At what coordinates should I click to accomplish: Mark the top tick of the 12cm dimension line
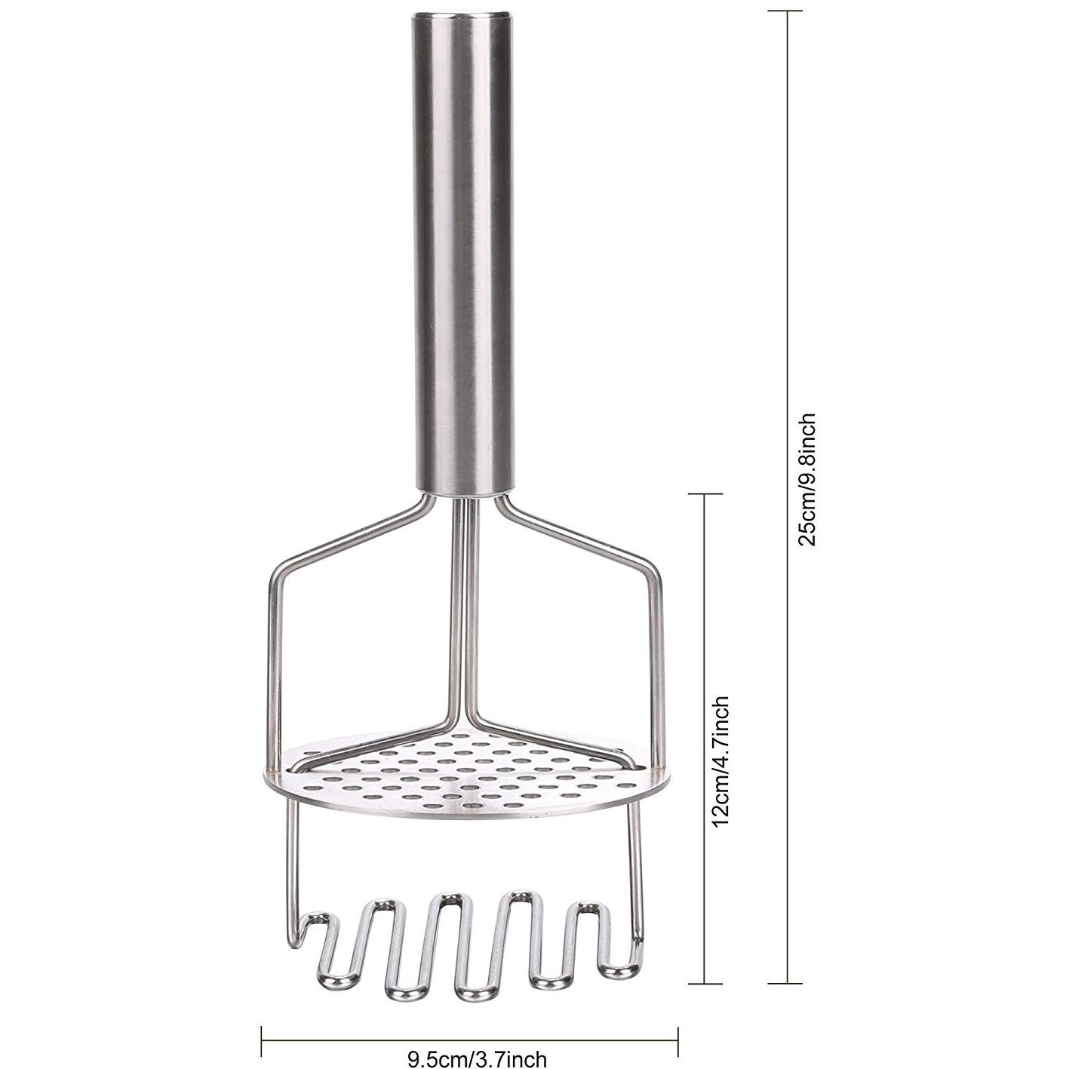click(705, 493)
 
